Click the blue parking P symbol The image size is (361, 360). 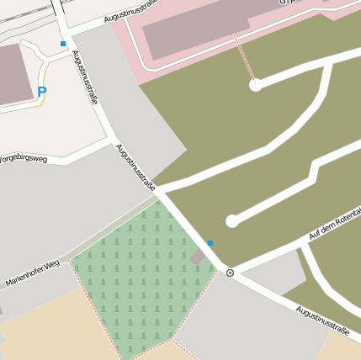click(42, 91)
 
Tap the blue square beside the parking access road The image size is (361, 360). click(62, 44)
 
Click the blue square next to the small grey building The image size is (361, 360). click(210, 242)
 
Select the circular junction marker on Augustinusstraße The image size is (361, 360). click(230, 273)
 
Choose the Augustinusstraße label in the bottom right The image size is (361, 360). click(322, 319)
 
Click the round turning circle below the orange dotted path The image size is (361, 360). click(255, 85)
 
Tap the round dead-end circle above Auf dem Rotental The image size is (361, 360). click(232, 221)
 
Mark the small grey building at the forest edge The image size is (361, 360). click(199, 255)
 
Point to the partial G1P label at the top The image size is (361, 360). click(289, 3)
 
